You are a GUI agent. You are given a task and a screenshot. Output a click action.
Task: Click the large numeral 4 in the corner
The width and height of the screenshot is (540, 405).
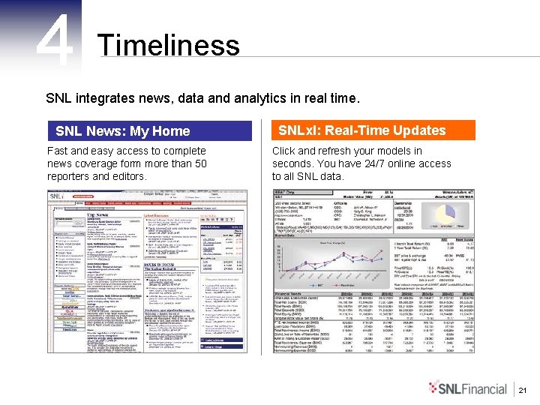pyautogui.click(x=55, y=37)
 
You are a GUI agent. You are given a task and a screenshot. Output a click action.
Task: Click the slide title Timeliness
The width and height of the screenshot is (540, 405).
pyautogui.click(x=168, y=45)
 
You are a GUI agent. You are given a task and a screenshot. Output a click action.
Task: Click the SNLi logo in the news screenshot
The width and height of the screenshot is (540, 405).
pyautogui.click(x=59, y=197)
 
